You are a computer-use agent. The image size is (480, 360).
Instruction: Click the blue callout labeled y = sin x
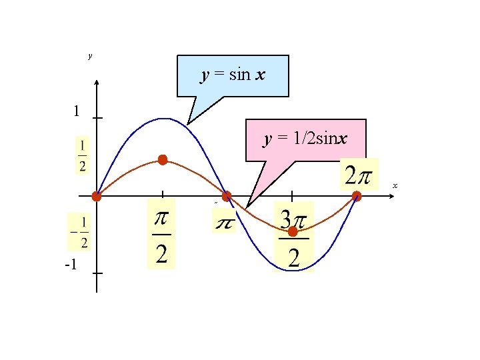point(233,75)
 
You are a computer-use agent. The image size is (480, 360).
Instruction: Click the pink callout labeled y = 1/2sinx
point(305,140)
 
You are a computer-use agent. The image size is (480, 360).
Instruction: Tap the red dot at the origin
point(97,196)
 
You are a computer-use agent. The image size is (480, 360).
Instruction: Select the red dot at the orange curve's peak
point(162,160)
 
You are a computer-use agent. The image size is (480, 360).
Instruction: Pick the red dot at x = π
point(227,196)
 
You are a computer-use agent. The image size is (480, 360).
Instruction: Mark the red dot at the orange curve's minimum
point(292,231)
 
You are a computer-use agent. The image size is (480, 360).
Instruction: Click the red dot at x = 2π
point(357,196)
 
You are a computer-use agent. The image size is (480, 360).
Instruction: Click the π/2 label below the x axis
point(161,234)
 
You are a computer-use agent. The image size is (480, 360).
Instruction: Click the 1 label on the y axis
point(77,111)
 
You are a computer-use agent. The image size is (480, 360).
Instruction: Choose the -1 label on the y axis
point(71,265)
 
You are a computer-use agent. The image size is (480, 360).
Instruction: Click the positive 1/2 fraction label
point(82,156)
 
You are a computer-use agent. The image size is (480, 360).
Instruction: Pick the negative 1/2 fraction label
point(79,232)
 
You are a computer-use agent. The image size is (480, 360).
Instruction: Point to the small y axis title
point(90,56)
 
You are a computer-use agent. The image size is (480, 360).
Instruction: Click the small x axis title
point(395,185)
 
